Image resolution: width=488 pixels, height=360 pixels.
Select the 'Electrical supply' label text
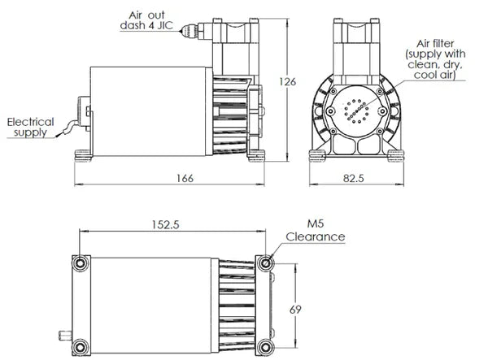click(x=30, y=127)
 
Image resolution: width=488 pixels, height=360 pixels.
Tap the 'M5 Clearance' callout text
click(x=316, y=231)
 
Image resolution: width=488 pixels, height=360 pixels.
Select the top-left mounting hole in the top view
click(x=80, y=264)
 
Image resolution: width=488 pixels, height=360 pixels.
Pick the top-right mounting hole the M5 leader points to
click(x=266, y=263)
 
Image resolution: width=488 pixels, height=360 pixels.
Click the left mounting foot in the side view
click(x=84, y=153)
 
